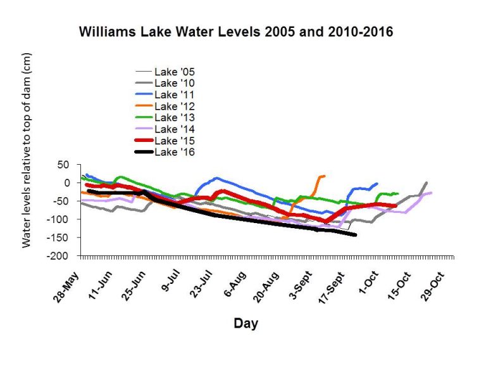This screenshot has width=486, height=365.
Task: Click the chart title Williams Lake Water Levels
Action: pyautogui.click(x=235, y=32)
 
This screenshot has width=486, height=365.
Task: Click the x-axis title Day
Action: pyautogui.click(x=246, y=324)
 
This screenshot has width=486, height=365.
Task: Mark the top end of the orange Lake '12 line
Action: pyautogui.click(x=324, y=176)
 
